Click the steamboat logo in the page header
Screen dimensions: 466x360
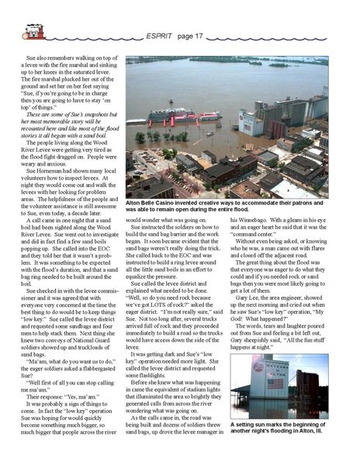33,31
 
